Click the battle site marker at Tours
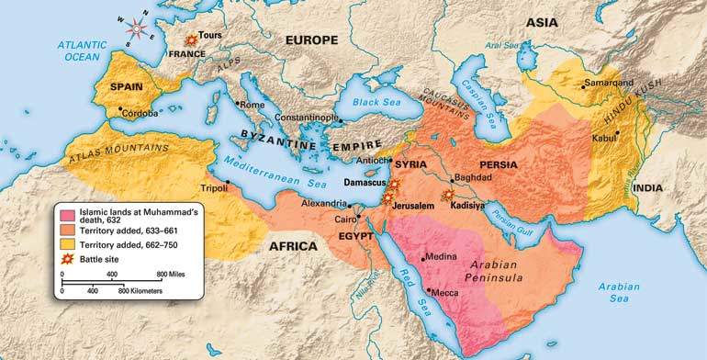point(191,40)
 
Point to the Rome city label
point(252,105)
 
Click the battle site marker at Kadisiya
point(448,196)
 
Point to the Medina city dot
point(422,258)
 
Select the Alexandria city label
point(326,203)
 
